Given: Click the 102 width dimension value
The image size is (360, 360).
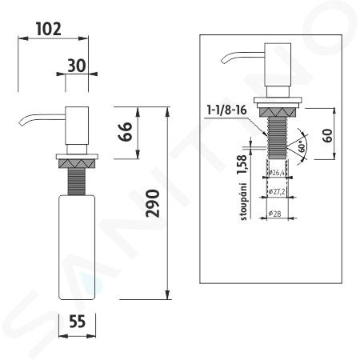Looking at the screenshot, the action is [49, 29].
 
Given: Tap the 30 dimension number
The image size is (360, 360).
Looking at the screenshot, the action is [77, 66].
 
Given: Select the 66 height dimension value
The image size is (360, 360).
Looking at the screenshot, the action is [125, 131].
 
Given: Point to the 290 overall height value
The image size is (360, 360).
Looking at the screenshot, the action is [153, 203].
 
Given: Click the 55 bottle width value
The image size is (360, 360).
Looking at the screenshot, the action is [77, 321].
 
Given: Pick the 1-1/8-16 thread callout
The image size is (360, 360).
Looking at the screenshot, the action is [227, 110].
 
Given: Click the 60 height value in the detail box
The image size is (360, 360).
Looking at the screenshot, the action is [328, 135].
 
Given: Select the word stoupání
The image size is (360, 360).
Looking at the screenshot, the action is [244, 202].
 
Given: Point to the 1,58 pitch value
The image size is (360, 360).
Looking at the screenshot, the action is [242, 165].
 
